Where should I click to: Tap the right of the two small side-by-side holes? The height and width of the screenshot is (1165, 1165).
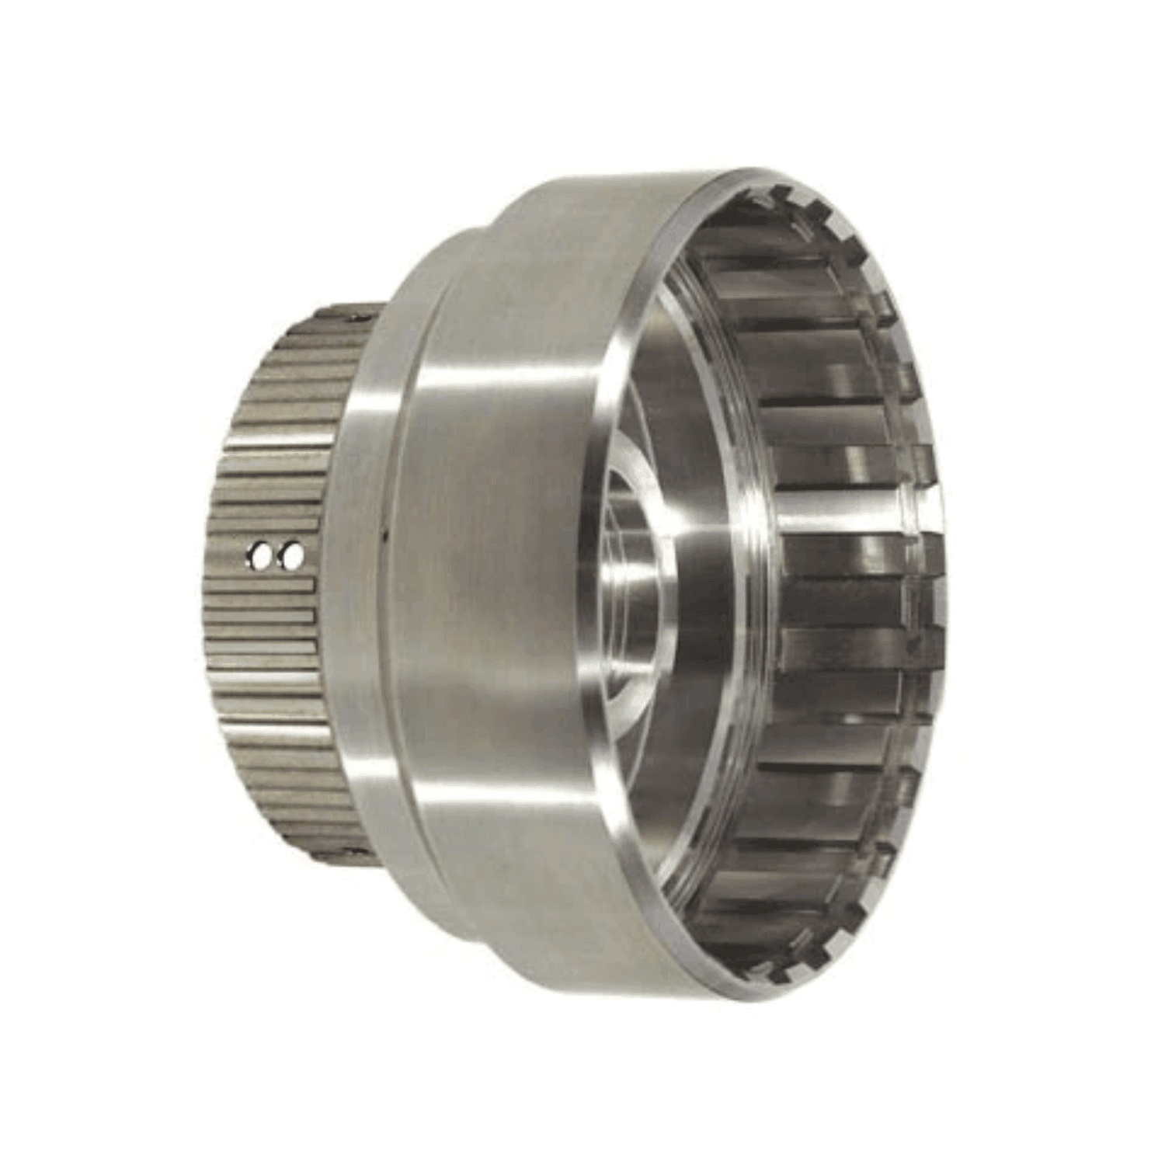pos(294,555)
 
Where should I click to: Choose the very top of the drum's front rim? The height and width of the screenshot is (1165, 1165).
pos(746,172)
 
